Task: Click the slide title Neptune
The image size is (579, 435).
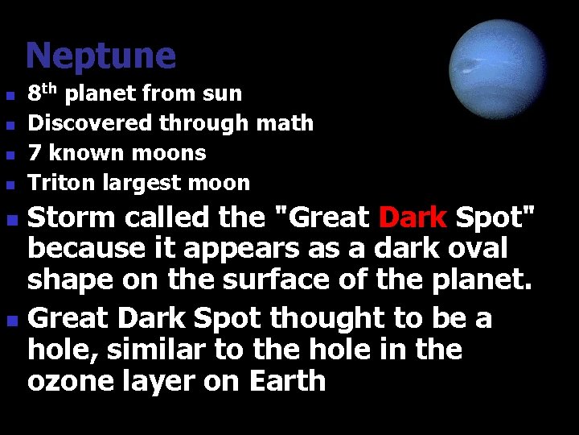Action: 101,56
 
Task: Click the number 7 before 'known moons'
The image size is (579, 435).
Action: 35,153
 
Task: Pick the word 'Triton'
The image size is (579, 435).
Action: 56,183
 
